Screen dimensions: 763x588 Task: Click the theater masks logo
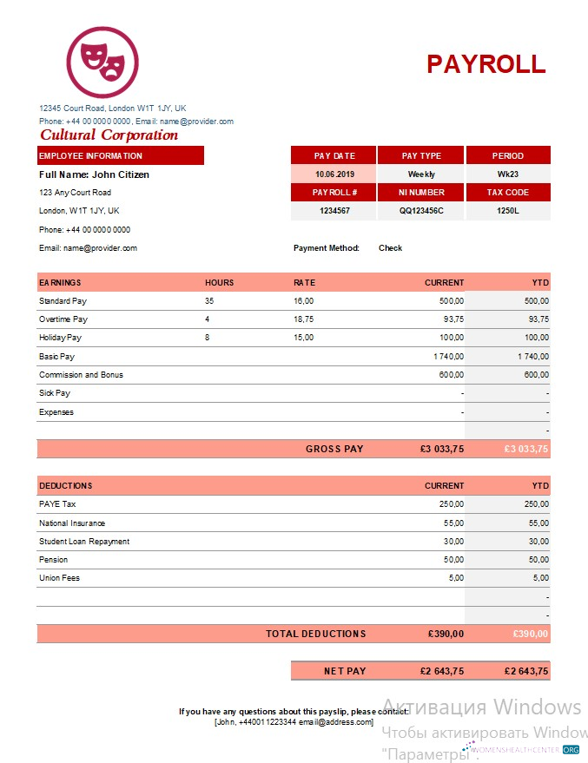coord(102,62)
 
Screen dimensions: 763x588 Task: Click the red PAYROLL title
coord(486,64)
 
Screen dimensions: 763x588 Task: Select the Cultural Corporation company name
coord(109,135)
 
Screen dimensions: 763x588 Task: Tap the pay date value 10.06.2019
coord(334,174)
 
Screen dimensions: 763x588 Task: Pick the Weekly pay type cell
coord(421,174)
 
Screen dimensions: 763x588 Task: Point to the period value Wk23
coord(508,174)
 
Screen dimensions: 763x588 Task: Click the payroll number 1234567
coord(334,211)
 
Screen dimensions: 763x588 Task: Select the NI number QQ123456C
coord(421,211)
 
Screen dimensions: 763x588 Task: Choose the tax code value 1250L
coord(508,211)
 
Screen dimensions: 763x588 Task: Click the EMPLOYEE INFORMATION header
coord(90,156)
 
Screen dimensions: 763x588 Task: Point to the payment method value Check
coord(390,248)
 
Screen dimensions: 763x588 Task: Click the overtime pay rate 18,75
coord(303,319)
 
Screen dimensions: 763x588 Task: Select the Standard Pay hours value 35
coord(209,301)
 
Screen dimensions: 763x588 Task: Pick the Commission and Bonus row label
coord(81,375)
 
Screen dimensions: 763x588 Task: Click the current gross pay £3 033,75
coord(441,450)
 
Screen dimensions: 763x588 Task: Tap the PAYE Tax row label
coord(58,504)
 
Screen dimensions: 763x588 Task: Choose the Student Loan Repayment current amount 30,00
coord(453,542)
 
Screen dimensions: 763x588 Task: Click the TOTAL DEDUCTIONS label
coord(315,635)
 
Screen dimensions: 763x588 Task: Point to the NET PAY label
coord(345,671)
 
